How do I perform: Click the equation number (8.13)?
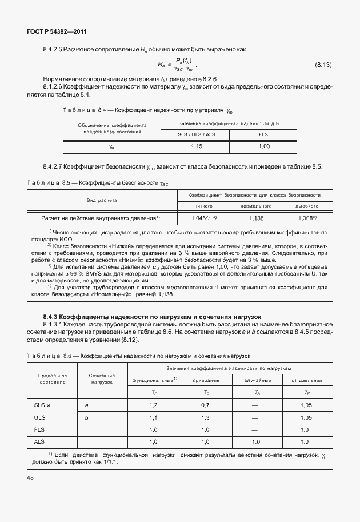[323, 65]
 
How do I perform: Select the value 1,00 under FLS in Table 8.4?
[263, 147]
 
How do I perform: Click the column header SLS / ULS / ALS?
[195, 135]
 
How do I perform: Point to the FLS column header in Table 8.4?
[263, 135]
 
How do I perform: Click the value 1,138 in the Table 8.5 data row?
[255, 218]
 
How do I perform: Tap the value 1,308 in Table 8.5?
[307, 218]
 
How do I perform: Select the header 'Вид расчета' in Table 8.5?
[102, 200]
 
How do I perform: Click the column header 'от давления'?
[307, 380]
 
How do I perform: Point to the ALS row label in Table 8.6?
[39, 442]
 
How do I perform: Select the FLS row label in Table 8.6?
[39, 429]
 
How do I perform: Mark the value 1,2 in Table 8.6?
[154, 405]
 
